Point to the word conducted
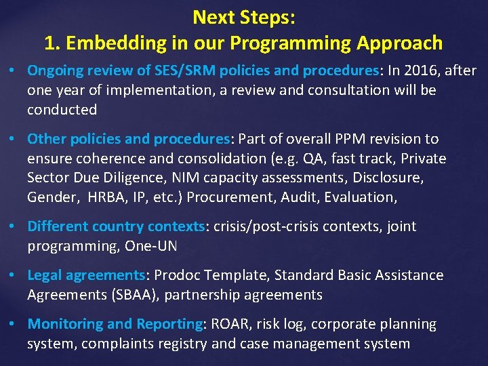[62, 110]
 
